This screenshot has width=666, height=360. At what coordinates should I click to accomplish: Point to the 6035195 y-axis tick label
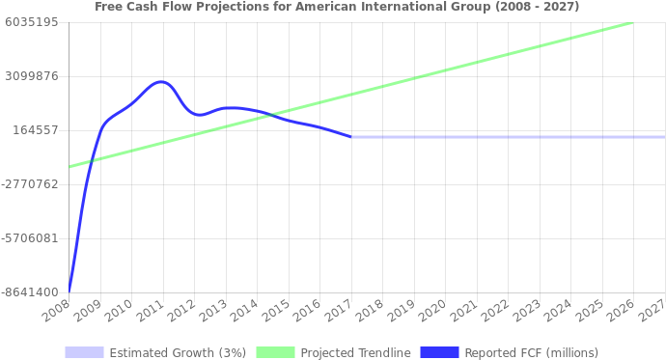(x=33, y=21)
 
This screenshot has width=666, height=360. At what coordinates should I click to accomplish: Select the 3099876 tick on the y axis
(x=33, y=75)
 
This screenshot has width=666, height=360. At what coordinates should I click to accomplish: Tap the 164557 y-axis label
(x=36, y=129)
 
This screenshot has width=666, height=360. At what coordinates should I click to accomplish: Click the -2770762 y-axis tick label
(x=31, y=183)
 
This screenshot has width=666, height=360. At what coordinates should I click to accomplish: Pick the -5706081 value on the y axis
(x=31, y=237)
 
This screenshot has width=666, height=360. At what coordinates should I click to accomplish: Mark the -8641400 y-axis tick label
(x=31, y=291)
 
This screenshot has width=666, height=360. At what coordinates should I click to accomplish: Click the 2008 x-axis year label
(x=57, y=311)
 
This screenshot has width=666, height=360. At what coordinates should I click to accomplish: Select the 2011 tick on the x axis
(x=151, y=311)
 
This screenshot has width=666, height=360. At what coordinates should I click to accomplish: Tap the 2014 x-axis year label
(x=245, y=311)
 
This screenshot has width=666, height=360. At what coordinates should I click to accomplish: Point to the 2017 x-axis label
(x=339, y=311)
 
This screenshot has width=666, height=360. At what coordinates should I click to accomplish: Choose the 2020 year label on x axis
(x=432, y=311)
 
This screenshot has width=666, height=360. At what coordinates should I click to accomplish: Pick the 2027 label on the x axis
(x=652, y=311)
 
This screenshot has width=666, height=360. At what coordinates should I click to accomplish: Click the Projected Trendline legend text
(x=355, y=352)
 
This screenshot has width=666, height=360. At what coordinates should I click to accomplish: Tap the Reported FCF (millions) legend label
(x=531, y=352)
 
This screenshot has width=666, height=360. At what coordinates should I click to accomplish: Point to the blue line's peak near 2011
(x=160, y=82)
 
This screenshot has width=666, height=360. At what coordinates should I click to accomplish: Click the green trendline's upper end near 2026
(x=632, y=22)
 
